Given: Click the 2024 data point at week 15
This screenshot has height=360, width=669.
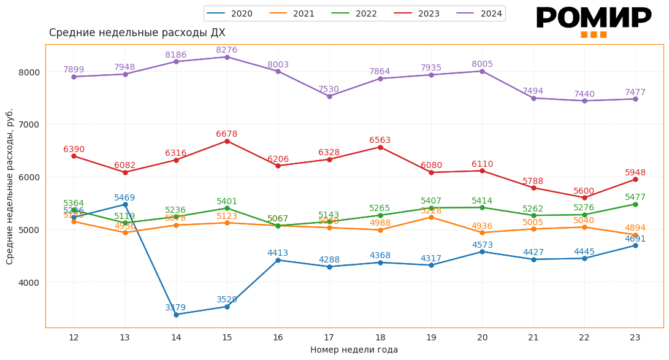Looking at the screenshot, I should click(227, 57).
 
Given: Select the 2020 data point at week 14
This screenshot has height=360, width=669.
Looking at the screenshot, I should click(176, 315).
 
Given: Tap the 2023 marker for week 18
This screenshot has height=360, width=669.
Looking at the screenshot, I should click(380, 147).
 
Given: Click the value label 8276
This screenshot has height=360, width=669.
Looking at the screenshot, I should click(227, 50).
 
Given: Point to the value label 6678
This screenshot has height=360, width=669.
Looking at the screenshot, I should click(227, 134).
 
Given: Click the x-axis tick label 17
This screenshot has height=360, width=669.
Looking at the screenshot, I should click(329, 337).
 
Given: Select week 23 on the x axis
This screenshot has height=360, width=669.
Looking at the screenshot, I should click(635, 337).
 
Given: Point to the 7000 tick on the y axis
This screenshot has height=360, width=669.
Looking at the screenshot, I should click(30, 124).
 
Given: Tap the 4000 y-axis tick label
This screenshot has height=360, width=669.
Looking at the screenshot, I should click(30, 283).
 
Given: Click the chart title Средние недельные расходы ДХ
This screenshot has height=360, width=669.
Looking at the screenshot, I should click(137, 33).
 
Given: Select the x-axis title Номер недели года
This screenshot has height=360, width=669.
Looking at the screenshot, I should click(354, 350).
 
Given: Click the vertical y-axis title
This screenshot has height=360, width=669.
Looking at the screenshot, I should click(10, 186).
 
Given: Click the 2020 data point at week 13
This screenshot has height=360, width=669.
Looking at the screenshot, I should click(125, 204).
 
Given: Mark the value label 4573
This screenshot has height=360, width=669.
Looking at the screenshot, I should click(482, 245).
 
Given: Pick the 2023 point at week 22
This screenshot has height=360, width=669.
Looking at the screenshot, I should click(584, 197).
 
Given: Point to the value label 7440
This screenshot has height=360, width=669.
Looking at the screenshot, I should click(584, 94).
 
